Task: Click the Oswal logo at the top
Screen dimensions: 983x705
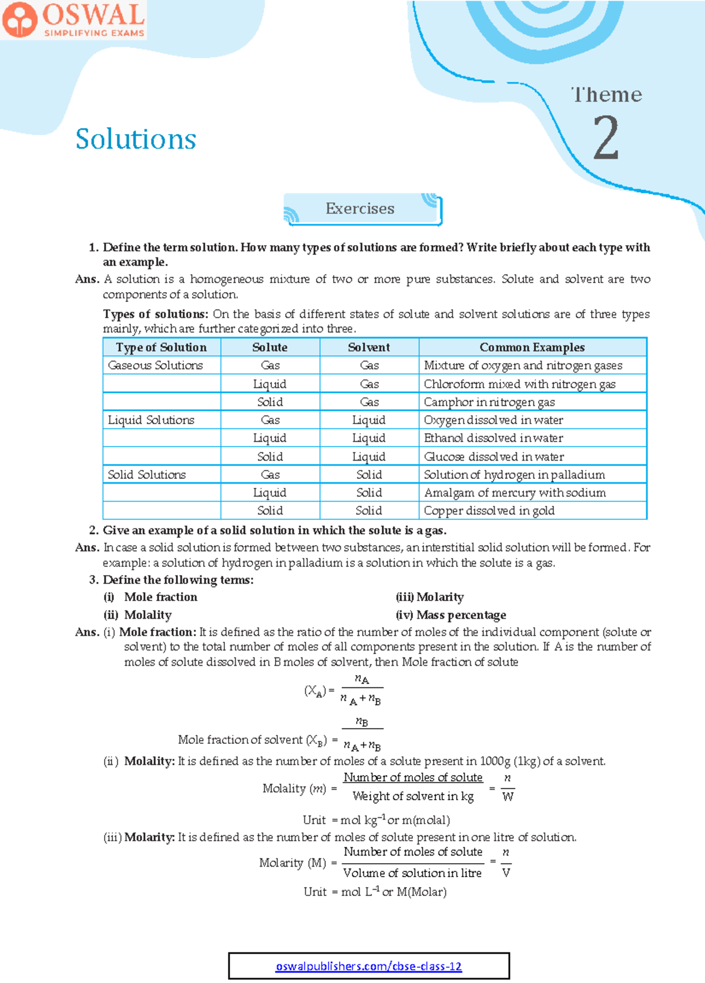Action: tap(73, 20)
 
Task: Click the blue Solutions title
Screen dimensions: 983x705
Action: tap(136, 139)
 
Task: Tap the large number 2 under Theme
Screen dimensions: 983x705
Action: tap(606, 138)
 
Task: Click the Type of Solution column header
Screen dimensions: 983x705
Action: tap(162, 347)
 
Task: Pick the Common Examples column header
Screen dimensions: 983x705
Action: tap(532, 347)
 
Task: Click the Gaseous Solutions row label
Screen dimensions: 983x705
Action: tap(156, 365)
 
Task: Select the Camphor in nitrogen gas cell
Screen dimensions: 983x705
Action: tap(489, 402)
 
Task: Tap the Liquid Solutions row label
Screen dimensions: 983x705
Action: tap(151, 420)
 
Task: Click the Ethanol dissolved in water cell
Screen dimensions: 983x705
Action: tap(493, 438)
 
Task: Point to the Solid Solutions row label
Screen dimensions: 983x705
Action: tap(147, 475)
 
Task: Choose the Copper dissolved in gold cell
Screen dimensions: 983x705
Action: tap(489, 511)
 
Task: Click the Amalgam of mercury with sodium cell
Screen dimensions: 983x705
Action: tap(515, 493)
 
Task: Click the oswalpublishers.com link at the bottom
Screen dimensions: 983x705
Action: tap(369, 966)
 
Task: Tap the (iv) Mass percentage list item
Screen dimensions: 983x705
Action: tap(451, 615)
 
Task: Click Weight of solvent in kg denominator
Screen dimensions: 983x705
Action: tap(413, 797)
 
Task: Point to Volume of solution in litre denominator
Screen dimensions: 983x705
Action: tap(412, 873)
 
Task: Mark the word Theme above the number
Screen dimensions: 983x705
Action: tap(607, 95)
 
